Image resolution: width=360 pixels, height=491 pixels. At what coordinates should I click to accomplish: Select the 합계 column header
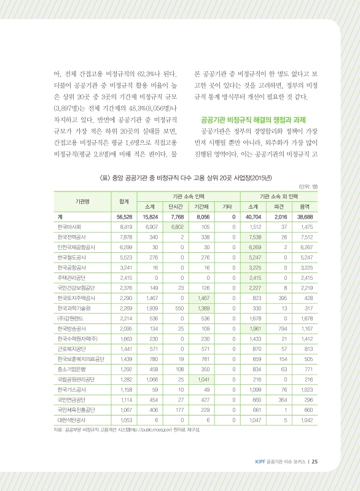click(x=116, y=201)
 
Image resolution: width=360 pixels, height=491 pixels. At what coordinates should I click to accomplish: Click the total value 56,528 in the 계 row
click(x=116, y=217)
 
